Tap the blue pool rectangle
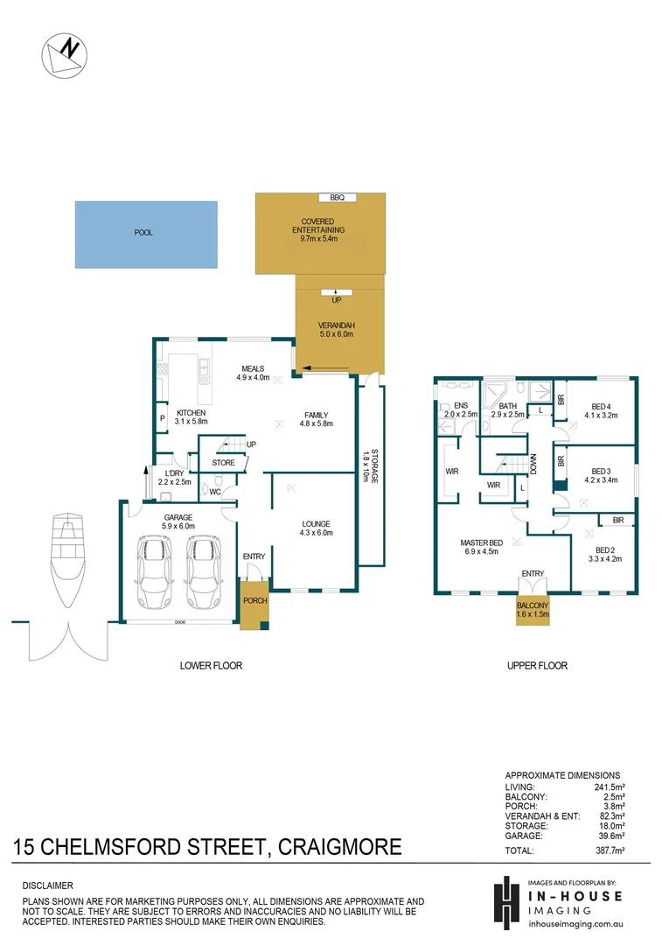pyautogui.click(x=145, y=234)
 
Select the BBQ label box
pyautogui.click(x=337, y=198)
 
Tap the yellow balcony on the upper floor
pyautogui.click(x=533, y=609)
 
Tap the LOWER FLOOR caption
pyautogui.click(x=211, y=666)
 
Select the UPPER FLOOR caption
pyautogui.click(x=537, y=666)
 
